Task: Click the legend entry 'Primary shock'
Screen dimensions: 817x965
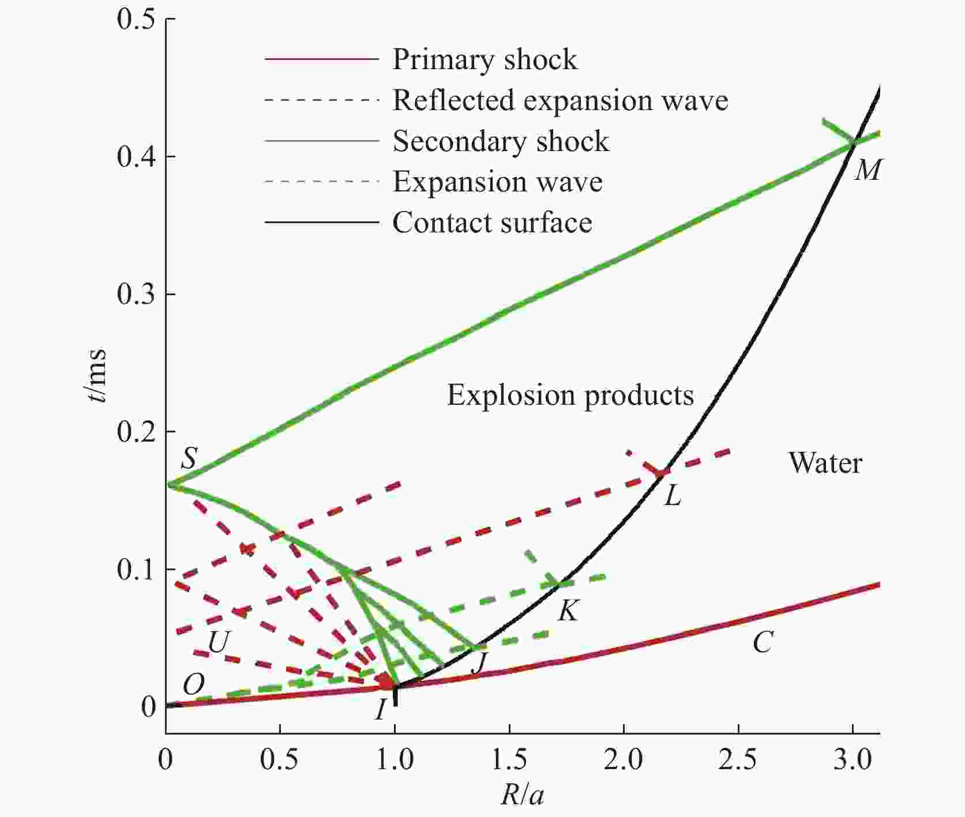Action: pos(485,59)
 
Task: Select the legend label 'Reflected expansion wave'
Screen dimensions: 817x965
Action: pos(560,100)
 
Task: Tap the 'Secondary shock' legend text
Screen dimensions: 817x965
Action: pos(501,141)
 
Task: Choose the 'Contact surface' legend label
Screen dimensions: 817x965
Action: pos(492,223)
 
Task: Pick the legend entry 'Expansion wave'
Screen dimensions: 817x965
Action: pos(497,182)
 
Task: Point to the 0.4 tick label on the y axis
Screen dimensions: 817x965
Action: pos(136,157)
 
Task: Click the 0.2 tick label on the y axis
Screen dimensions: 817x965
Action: pos(136,432)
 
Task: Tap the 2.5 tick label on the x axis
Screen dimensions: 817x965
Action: pos(738,760)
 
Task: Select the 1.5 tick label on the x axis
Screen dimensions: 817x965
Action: pos(509,760)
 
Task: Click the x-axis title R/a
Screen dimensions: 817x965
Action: pos(522,796)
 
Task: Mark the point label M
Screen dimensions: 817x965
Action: pos(867,170)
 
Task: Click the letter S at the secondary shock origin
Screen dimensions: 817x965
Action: pos(189,459)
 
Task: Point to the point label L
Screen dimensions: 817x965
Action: pos(673,495)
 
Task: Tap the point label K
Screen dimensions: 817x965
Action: pos(568,611)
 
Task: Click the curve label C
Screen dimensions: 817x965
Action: pos(763,642)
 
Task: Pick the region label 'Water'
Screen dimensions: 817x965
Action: pos(825,463)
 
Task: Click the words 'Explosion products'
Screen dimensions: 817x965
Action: pos(570,396)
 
